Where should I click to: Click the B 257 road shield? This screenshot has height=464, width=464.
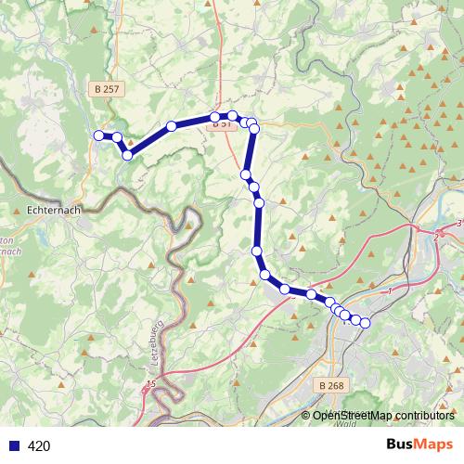click(x=106, y=88)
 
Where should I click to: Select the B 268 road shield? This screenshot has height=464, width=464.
click(x=329, y=385)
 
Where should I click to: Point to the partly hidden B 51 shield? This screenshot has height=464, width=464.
click(x=221, y=122)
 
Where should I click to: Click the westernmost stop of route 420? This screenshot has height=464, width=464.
click(x=98, y=135)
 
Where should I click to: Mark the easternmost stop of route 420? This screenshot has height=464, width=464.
click(x=365, y=322)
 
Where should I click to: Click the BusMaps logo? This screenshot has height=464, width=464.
click(x=419, y=445)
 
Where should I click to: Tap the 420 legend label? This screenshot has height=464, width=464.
click(x=39, y=446)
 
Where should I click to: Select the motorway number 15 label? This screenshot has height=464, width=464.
click(x=149, y=383)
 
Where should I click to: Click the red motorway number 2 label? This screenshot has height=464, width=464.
click(x=435, y=238)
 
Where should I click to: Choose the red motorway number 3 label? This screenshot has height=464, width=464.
click(x=458, y=224)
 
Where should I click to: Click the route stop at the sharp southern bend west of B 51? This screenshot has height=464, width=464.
click(x=127, y=155)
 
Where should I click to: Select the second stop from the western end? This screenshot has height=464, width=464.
click(x=117, y=137)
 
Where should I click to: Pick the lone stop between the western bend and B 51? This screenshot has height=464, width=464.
click(x=172, y=126)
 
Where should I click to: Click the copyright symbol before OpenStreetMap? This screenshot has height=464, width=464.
click(x=305, y=417)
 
